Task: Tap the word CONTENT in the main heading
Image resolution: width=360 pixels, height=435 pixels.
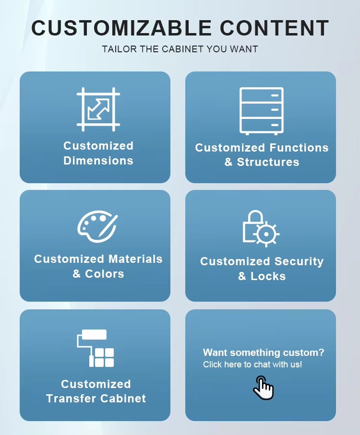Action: pos(275,28)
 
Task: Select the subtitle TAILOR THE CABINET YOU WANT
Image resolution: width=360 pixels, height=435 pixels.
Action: pos(180,49)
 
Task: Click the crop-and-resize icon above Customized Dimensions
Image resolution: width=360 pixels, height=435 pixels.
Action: pos(98,109)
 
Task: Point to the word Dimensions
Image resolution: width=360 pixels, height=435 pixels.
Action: pos(98,161)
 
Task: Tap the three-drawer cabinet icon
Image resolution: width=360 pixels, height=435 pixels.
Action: pos(262,110)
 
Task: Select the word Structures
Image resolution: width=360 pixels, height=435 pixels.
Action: pos(268,162)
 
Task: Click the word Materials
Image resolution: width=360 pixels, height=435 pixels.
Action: pos(135,259)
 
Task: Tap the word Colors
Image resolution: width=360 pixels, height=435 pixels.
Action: pos(105,274)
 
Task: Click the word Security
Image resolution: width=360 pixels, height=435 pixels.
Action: pos(299,261)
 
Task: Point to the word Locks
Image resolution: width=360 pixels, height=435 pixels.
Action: pos(269,276)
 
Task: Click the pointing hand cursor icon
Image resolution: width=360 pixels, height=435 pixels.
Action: pos(263,388)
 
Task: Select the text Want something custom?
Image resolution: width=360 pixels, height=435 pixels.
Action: pos(264,353)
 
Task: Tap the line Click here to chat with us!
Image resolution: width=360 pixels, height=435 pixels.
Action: pos(252,364)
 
